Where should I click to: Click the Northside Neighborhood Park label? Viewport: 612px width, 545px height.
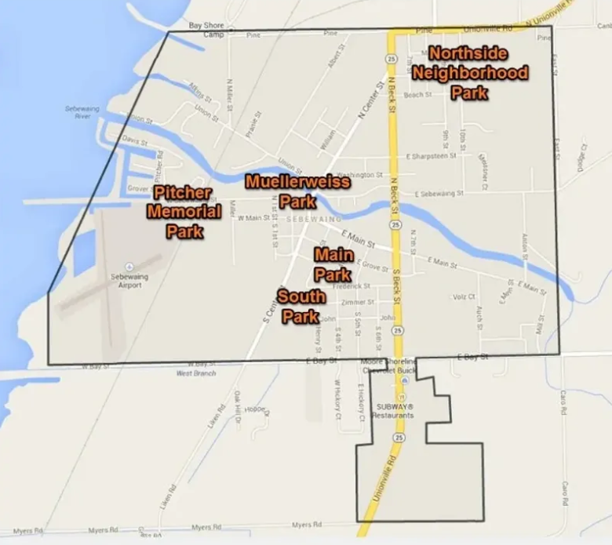pos(469,73)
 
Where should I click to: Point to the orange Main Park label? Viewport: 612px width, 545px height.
pos(333,264)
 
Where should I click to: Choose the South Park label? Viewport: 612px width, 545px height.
pos(301,306)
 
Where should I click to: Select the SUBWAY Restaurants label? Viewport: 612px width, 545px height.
pos(394,410)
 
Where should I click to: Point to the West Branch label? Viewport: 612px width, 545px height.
pos(195,373)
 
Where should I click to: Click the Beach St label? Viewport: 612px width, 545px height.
pos(417,95)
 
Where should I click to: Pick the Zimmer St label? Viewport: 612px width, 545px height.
pos(358,302)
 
